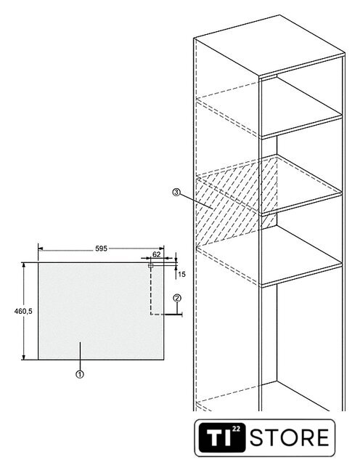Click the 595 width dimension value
coord(101,248)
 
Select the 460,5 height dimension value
coord(23,311)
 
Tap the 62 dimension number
coord(157,254)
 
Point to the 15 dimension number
coord(181,275)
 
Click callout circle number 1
coord(79,374)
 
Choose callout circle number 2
coord(177,298)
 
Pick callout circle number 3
coord(176,192)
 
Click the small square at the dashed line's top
coord(150,265)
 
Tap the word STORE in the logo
coord(290,437)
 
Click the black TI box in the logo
coord(222,437)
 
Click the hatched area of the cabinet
coord(234,202)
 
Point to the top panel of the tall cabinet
coord(269,45)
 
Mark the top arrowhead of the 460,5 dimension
coord(23,264)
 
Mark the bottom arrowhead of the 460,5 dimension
coord(23,357)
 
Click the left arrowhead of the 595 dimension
coord(41,248)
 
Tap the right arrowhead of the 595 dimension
coord(161,248)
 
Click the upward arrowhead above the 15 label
coord(176,269)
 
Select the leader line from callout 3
coord(197,201)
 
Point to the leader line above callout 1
coord(80,356)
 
